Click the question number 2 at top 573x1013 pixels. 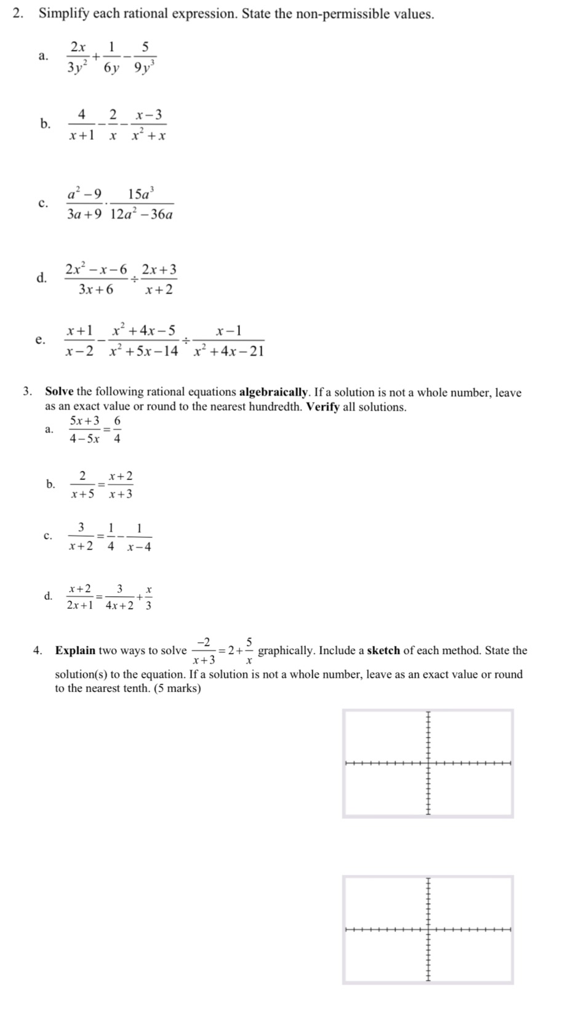[x=18, y=14]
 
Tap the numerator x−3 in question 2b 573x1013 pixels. [x=150, y=114]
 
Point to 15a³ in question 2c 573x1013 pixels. [x=142, y=194]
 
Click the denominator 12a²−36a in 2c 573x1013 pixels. [x=142, y=215]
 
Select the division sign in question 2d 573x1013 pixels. [x=134, y=279]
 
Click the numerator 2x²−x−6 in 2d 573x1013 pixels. [x=96, y=270]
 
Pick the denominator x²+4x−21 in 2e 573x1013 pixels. [x=228, y=351]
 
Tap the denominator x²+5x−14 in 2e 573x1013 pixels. [x=144, y=351]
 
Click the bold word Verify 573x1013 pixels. [x=323, y=407]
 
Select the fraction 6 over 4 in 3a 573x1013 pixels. [x=117, y=430]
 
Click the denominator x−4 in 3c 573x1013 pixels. [x=139, y=547]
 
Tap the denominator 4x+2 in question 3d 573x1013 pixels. [x=119, y=605]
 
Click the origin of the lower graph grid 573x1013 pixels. [x=428, y=929]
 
